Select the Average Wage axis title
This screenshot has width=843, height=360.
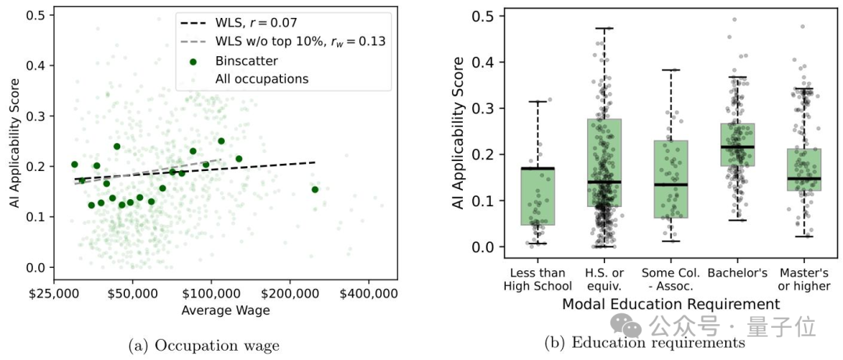[226, 311]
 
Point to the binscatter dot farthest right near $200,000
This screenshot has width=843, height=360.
[315, 190]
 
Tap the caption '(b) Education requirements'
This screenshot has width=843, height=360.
[646, 342]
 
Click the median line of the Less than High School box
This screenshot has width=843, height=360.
[538, 169]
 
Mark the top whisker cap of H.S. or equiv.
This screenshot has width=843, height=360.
[604, 28]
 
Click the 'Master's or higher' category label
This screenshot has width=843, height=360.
[804, 279]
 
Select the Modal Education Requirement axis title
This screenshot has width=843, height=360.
[670, 304]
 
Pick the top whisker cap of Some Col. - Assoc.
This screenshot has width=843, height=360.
[670, 70]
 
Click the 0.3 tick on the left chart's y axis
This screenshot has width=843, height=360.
[36, 116]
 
